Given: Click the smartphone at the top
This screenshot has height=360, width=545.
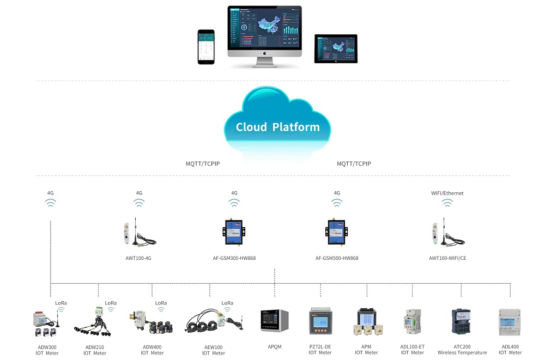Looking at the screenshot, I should pyautogui.click(x=206, y=47).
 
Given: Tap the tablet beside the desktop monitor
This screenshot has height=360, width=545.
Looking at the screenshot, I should pyautogui.click(x=336, y=48).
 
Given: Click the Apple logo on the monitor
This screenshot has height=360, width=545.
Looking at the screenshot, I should pyautogui.click(x=264, y=53).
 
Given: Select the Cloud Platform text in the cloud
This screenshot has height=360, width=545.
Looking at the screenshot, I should pyautogui.click(x=277, y=127).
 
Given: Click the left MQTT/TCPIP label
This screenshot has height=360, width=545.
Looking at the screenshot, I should pyautogui.click(x=207, y=163).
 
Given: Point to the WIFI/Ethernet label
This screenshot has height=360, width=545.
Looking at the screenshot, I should pyautogui.click(x=447, y=193).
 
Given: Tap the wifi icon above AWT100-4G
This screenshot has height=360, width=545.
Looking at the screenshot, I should pyautogui.click(x=139, y=203).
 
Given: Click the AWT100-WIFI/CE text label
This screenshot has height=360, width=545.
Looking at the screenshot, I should pyautogui.click(x=447, y=258).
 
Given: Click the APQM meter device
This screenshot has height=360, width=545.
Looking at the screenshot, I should pyautogui.click(x=274, y=321).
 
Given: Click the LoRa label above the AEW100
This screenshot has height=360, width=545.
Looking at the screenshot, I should pyautogui.click(x=227, y=303).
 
